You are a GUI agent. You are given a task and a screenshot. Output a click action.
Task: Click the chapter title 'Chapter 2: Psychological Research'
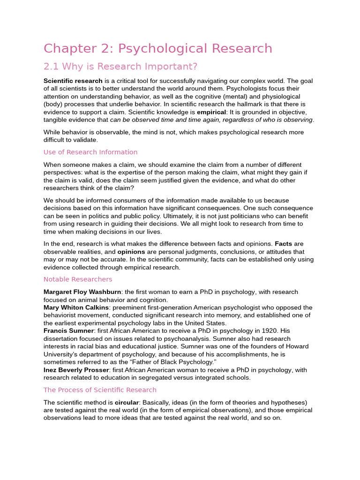pyautogui.click(x=157, y=49)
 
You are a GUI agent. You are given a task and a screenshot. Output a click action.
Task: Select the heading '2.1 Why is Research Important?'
pyautogui.click(x=120, y=66)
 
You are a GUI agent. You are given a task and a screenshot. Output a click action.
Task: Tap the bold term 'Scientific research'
pyautogui.click(x=73, y=81)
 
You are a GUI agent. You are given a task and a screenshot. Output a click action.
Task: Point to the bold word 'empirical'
pyautogui.click(x=211, y=112)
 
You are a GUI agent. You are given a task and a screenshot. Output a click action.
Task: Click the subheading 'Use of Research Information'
pyautogui.click(x=90, y=152)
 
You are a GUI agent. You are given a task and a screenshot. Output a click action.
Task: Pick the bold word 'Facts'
pyautogui.click(x=283, y=244)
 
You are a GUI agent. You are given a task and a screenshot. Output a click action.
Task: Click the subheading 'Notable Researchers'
pyautogui.click(x=78, y=279)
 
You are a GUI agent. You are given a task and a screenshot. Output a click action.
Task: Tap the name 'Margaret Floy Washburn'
pyautogui.click(x=82, y=292)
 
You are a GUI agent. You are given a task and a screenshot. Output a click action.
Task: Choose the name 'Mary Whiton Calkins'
pyautogui.click(x=76, y=307)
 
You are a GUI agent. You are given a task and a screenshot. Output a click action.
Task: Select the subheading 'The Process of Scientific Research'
pyautogui.click(x=100, y=390)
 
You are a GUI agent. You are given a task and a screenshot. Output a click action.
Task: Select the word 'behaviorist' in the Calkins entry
pyautogui.click(x=61, y=315)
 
